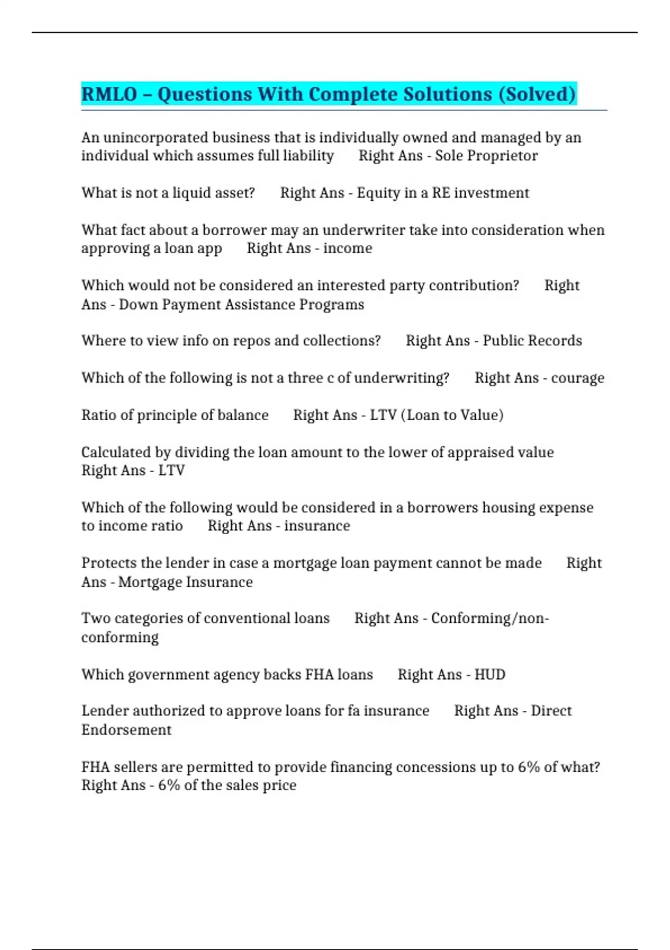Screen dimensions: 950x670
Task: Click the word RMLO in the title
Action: pyautogui.click(x=109, y=94)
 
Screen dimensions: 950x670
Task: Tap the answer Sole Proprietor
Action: pyautogui.click(x=486, y=156)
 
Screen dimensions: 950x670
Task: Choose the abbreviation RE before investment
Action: pyautogui.click(x=441, y=193)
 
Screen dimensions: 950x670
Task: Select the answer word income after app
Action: pyautogui.click(x=347, y=248)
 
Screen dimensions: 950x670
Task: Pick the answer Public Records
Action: pyautogui.click(x=532, y=341)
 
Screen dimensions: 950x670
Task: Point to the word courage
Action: pyautogui.click(x=577, y=378)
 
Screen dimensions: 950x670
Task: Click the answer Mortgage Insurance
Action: pyautogui.click(x=185, y=582)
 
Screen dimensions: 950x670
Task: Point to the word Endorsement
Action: pyautogui.click(x=126, y=730)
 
